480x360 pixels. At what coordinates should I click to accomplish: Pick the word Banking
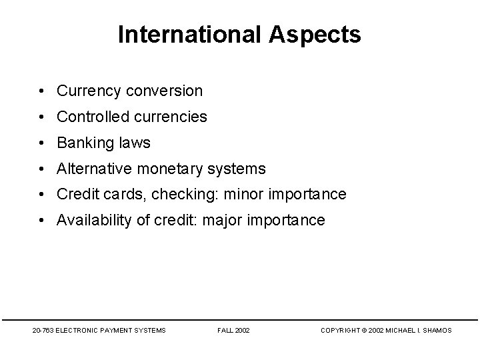tap(84, 143)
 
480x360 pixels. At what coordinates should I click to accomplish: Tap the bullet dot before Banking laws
tap(42, 143)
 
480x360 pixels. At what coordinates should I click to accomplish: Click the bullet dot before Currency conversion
tap(42, 91)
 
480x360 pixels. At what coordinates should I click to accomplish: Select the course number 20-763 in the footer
tap(43, 331)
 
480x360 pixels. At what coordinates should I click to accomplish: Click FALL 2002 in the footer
tap(233, 331)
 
